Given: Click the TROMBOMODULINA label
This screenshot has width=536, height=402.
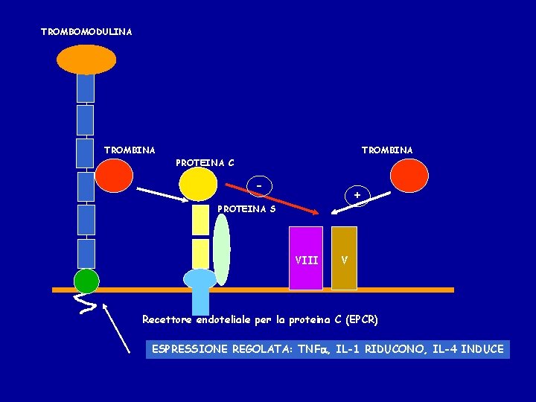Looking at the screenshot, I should click(86, 32).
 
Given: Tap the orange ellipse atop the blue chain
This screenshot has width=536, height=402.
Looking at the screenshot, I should click(87, 60).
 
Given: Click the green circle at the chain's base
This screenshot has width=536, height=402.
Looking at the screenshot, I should click(86, 281).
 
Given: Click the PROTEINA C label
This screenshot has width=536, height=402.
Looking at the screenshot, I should click(205, 162).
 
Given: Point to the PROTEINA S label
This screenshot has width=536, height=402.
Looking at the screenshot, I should click(246, 209).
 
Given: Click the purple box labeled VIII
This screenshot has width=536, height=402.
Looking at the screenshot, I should click(306, 258).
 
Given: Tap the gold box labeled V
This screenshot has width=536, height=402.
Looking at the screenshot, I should click(344, 258).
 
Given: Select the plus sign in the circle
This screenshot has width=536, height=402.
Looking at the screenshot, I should click(357, 195).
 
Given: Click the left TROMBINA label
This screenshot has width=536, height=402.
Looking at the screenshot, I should click(130, 150).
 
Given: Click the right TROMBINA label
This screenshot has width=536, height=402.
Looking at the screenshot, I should click(387, 150).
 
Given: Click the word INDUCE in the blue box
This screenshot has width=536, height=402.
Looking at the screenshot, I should click(482, 349).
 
